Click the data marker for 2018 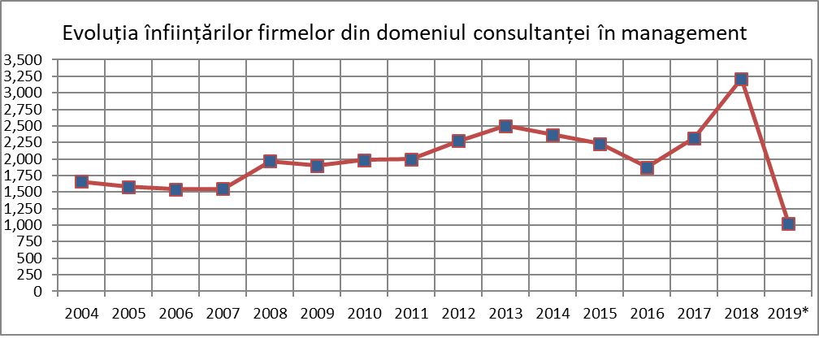(741, 79)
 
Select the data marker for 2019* (788, 223)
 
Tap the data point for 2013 (505, 126)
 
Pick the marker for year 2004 (81, 181)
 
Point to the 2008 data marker (270, 161)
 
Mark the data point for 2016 (647, 167)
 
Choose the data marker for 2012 (458, 141)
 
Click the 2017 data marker (694, 138)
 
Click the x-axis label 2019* (788, 314)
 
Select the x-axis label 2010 (364, 314)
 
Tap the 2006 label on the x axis (175, 314)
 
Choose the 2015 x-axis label (600, 314)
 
